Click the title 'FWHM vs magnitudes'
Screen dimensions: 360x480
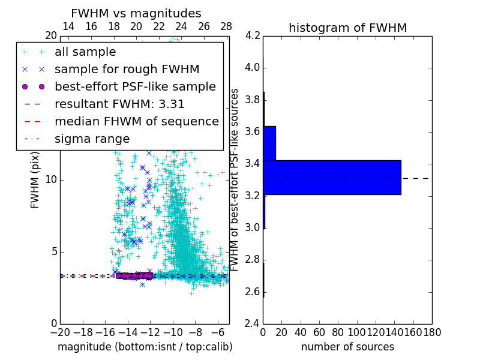136,13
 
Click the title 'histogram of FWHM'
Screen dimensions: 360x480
347,28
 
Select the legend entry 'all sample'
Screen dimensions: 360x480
85,52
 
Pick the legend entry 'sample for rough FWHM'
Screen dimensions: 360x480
127,69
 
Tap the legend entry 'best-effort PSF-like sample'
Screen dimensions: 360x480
135,86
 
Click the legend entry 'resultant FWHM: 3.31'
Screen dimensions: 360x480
119,104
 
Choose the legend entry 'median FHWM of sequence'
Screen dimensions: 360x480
136,121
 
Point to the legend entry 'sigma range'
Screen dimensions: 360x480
92,139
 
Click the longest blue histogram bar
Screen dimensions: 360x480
332,177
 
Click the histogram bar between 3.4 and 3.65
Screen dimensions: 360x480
269,143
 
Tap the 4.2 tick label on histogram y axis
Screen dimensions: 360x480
253,35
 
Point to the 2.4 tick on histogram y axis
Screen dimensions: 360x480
253,323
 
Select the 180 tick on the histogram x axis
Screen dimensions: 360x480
432,332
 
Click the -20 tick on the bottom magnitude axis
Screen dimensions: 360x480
60,332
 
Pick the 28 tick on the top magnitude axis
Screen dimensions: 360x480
226,26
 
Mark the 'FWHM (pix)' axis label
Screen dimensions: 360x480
35,179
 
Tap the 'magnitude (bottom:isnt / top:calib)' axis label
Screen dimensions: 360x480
145,347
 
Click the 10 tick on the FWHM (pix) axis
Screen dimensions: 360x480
50,179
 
